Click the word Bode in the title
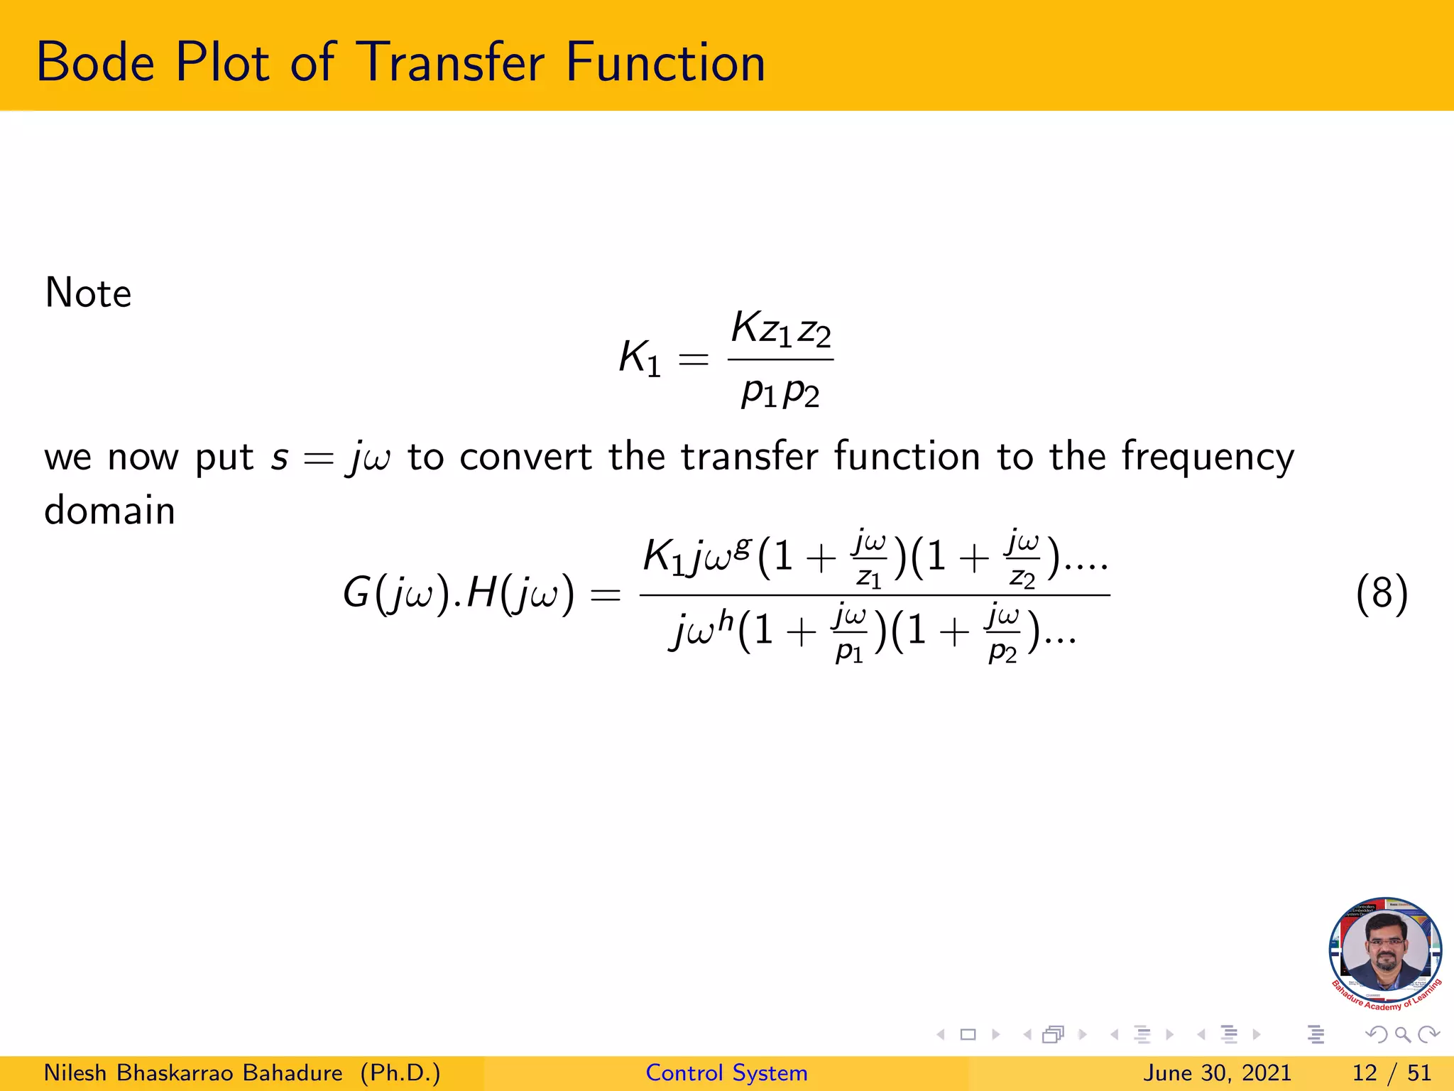coord(95,63)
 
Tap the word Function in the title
coord(665,63)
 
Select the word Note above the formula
coord(88,293)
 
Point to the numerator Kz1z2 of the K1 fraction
coord(781,330)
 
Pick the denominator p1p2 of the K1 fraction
coord(780,391)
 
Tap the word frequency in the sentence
coord(1208,458)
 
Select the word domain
coord(109,511)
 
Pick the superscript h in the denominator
coord(725,620)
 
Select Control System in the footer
coord(726,1073)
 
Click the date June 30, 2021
coord(1217,1073)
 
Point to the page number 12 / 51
coord(1392,1073)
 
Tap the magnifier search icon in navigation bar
coord(1402,1035)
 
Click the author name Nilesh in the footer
coord(75,1073)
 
